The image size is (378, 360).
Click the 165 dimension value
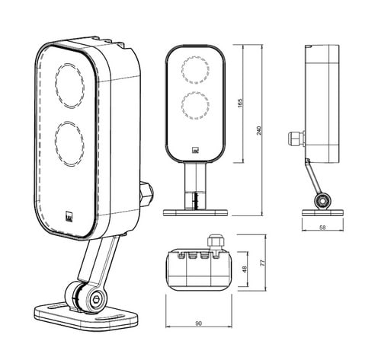240,103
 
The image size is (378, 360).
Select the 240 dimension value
258,130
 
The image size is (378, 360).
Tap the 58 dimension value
322,228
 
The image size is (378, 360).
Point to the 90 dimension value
199,323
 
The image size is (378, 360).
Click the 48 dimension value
245,269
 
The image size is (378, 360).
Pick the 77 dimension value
263,263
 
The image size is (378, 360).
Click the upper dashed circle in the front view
195,70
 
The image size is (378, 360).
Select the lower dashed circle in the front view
195,105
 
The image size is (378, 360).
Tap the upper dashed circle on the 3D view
69,85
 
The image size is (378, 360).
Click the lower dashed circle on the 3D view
69,144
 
